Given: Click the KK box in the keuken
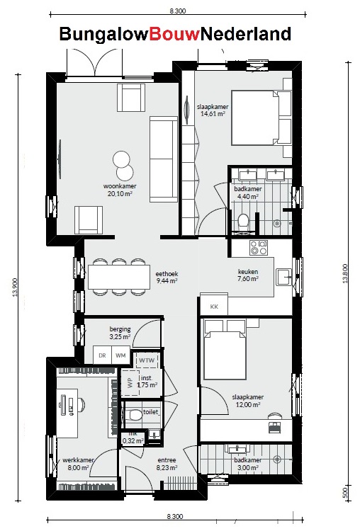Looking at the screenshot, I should point(214,307).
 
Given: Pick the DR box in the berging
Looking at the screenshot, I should point(102,355).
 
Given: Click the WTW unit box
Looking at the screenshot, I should point(147,360).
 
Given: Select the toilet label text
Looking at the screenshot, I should point(152,411).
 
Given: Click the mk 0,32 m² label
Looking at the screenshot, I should point(133,437).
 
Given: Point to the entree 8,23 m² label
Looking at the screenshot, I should point(167,464).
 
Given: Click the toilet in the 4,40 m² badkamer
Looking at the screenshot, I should point(244,221).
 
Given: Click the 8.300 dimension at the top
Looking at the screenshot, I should point(178,11).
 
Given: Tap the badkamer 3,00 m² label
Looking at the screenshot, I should point(247,464).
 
